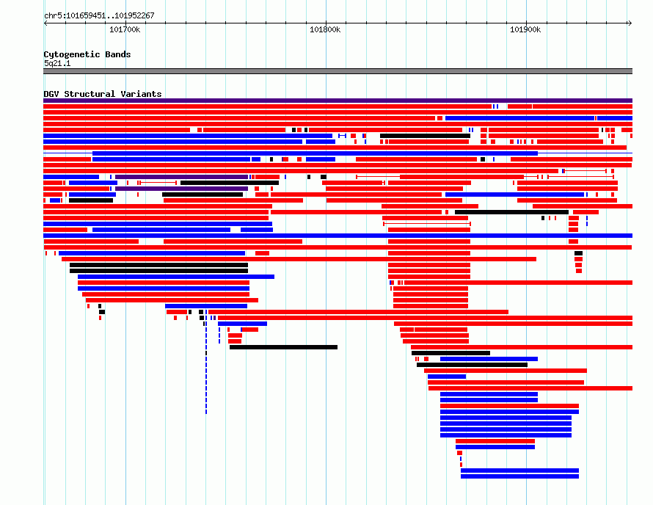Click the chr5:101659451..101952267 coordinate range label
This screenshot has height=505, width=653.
99,15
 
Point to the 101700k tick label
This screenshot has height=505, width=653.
125,29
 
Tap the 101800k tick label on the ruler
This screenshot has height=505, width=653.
325,29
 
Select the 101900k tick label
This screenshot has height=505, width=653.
525,29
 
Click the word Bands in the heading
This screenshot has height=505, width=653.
118,54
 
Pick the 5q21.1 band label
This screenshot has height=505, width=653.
57,63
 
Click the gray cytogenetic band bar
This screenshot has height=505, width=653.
338,71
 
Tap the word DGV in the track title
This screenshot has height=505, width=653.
51,94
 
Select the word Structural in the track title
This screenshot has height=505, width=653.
90,94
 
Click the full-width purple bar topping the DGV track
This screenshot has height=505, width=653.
338,101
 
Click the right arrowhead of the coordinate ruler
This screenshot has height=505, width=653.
630,23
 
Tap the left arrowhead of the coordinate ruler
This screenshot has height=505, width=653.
45,23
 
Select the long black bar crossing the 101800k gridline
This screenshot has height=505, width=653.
283,347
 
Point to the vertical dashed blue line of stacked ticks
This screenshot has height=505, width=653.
206,368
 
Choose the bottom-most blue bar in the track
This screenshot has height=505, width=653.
519,476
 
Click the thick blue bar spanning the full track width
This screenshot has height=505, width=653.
338,236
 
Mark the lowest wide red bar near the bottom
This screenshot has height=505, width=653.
495,441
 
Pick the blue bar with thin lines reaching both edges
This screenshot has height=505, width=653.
315,153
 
